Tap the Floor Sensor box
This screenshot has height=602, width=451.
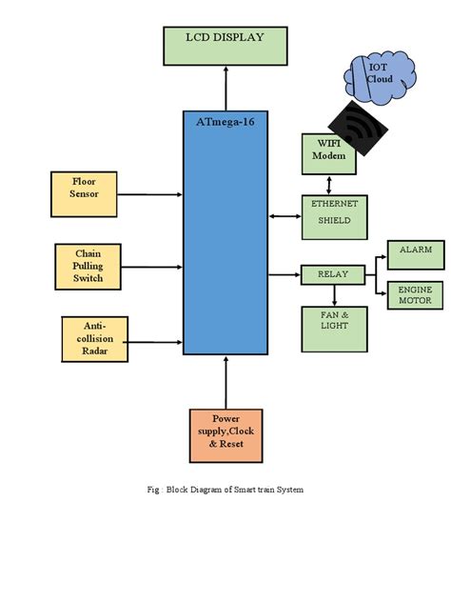click(84, 188)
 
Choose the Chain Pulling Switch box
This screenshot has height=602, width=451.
click(88, 266)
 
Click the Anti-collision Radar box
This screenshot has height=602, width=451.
click(94, 338)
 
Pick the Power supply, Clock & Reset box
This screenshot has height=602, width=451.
click(226, 430)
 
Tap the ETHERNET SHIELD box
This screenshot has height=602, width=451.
click(333, 216)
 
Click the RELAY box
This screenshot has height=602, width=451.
click(332, 275)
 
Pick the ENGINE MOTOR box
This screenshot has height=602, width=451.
click(415, 294)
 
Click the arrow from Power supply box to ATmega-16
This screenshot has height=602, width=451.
click(225, 381)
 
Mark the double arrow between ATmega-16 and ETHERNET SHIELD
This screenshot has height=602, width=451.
click(284, 216)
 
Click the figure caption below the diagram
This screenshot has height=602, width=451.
click(225, 490)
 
